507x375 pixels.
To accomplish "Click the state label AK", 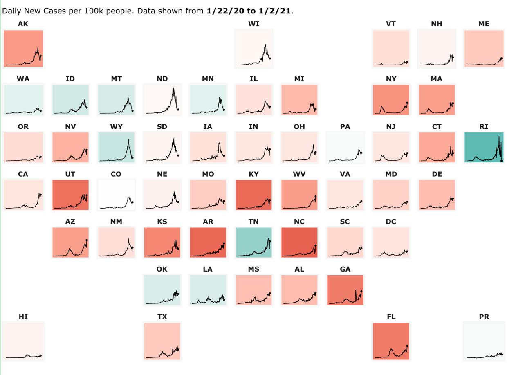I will pyautogui.click(x=23, y=24).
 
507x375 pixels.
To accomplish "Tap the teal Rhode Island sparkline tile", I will pyautogui.click(x=484, y=147).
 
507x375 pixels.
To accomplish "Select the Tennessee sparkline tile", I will pyautogui.click(x=253, y=242).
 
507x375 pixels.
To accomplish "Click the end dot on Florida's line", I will pyautogui.click(x=407, y=346).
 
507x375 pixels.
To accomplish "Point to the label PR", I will pyautogui.click(x=484, y=317).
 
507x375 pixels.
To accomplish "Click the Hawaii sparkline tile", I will pyautogui.click(x=23, y=341).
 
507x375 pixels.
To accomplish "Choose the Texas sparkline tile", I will pyautogui.click(x=162, y=341).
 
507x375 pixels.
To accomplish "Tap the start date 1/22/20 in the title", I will pyautogui.click(x=222, y=11).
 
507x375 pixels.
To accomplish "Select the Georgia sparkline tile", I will pyautogui.click(x=345, y=290).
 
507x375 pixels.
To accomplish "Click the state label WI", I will pyautogui.click(x=253, y=24).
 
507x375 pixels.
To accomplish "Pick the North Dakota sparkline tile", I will pyautogui.click(x=162, y=100).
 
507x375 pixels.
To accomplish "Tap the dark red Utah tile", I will pyautogui.click(x=70, y=195).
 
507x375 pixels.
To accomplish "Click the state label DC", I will pyautogui.click(x=391, y=222).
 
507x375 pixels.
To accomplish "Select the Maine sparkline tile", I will pyautogui.click(x=484, y=48).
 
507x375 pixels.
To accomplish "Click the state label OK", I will pyautogui.click(x=162, y=269).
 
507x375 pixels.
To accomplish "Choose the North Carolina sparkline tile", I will pyautogui.click(x=299, y=242).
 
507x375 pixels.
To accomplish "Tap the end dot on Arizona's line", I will pyautogui.click(x=87, y=240).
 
